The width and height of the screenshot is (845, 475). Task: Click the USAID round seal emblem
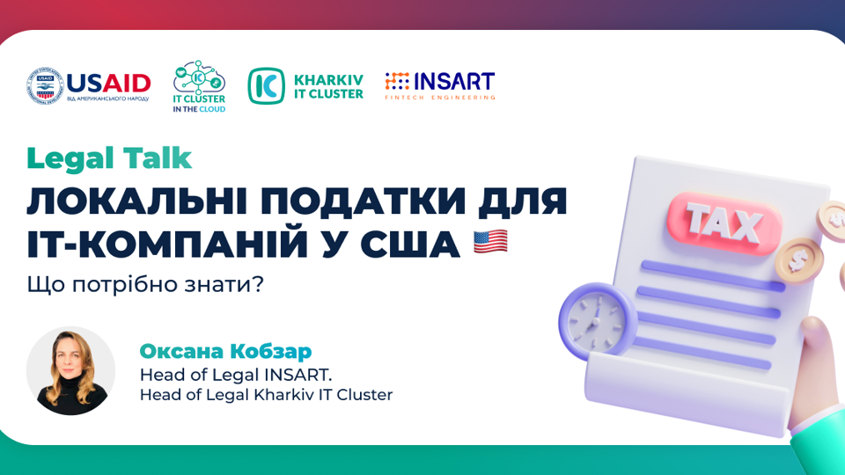(x=45, y=86)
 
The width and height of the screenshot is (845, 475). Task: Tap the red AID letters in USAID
(x=126, y=84)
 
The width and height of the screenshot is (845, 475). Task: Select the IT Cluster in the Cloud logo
(x=199, y=86)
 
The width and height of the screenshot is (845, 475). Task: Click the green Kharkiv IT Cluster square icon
(x=266, y=85)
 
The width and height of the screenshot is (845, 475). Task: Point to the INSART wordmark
(x=454, y=81)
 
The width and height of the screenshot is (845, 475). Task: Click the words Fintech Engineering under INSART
(x=440, y=98)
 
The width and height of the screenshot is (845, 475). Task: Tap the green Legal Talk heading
(x=109, y=159)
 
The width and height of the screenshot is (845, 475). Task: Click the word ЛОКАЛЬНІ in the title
(x=137, y=201)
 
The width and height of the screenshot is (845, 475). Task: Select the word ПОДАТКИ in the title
(x=364, y=201)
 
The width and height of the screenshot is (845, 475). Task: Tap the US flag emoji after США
(x=490, y=241)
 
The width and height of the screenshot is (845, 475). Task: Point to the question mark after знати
(x=259, y=284)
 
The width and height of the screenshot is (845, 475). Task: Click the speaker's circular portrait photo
(x=70, y=370)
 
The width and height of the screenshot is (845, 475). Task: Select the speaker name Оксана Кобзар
(x=225, y=351)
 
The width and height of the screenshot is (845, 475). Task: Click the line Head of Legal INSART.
(x=236, y=375)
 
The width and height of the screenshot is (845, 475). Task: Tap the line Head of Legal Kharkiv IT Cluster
(x=266, y=395)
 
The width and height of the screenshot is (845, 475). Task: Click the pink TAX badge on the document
(x=724, y=223)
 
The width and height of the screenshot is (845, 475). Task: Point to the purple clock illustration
(x=598, y=321)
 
